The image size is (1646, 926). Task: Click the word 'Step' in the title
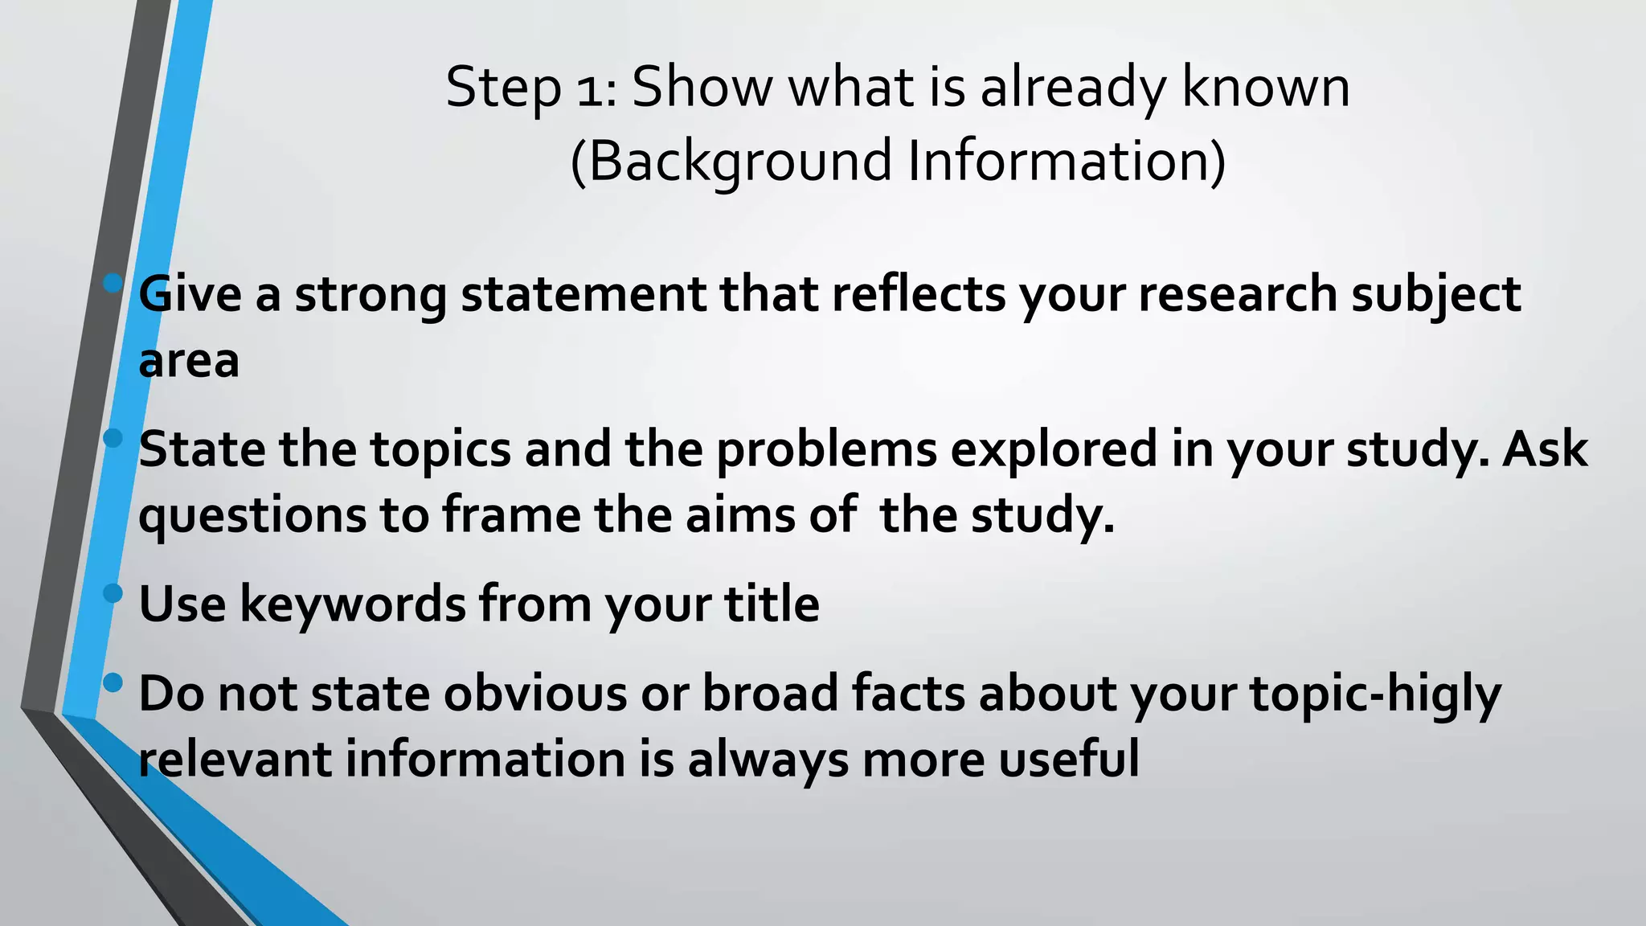[502, 88]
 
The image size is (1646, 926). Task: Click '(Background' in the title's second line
[731, 162]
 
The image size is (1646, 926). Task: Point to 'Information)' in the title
[1067, 161]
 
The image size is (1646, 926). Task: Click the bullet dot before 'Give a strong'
[113, 283]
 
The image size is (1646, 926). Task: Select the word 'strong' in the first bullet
[371, 295]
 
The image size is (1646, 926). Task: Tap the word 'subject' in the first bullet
[1435, 295]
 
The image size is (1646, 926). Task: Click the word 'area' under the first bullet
[189, 362]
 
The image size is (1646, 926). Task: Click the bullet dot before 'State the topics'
[113, 438]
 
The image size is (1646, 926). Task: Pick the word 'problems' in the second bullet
[826, 450]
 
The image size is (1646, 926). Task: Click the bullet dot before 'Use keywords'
[113, 593]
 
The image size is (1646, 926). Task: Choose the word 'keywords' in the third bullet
[352, 604]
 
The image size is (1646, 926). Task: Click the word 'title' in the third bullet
[772, 604]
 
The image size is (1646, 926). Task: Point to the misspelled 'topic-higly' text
[1375, 694]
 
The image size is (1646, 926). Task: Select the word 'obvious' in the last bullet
[534, 694]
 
